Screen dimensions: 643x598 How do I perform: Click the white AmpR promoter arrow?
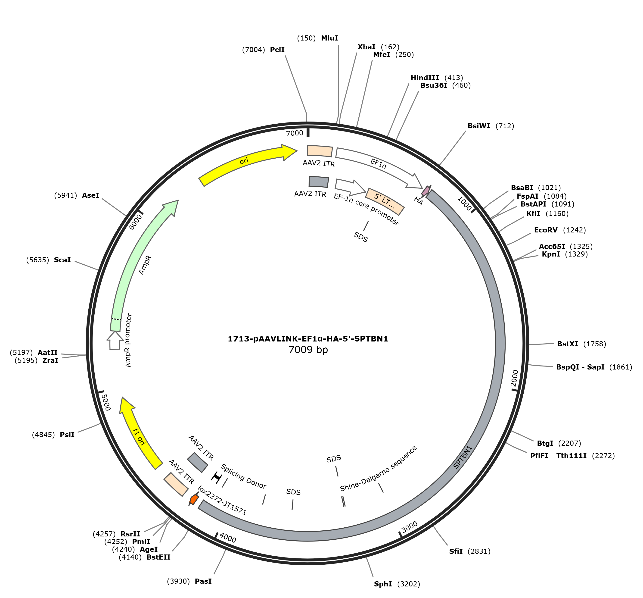pyautogui.click(x=115, y=340)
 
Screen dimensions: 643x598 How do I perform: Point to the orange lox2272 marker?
pyautogui.click(x=194, y=499)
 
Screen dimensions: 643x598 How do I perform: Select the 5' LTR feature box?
pyautogui.click(x=385, y=201)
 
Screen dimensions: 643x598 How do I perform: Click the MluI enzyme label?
pyautogui.click(x=329, y=38)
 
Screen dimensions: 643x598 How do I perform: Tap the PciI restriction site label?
pyautogui.click(x=277, y=50)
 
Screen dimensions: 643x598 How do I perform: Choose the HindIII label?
pyautogui.click(x=425, y=78)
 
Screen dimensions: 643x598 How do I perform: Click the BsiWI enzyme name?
pyautogui.click(x=479, y=126)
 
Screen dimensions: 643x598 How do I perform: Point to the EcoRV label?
pyautogui.click(x=546, y=230)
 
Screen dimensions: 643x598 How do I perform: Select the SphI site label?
pyautogui.click(x=383, y=584)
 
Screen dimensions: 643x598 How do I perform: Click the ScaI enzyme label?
pyautogui.click(x=62, y=260)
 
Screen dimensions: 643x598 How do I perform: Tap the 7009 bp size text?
pyautogui.click(x=308, y=350)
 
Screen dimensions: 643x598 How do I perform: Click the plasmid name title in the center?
pyautogui.click(x=308, y=339)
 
